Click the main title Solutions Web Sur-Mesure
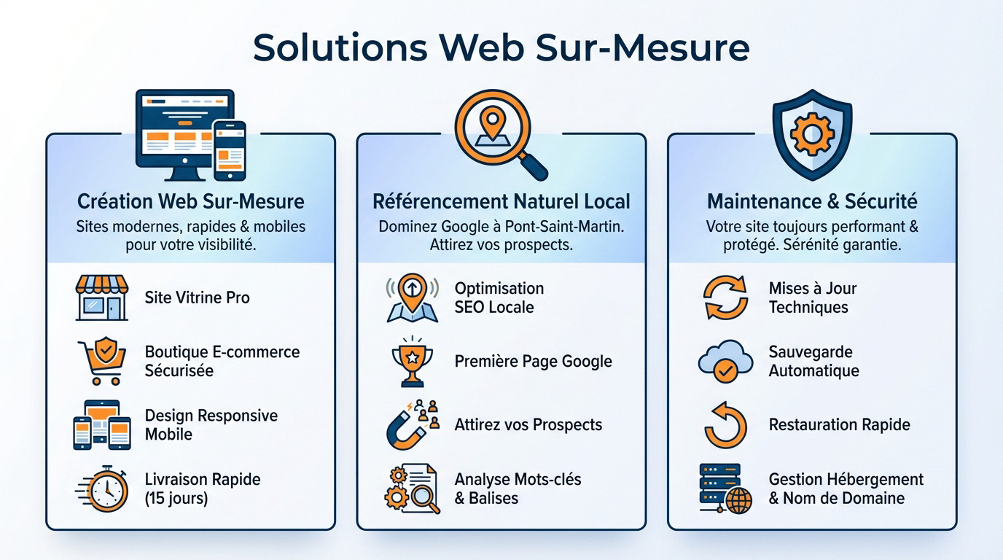pos(501,47)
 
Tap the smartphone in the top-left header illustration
pos(229,149)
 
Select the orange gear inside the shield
pos(811,133)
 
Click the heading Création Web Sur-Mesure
pos(190,201)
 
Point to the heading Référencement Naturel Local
pos(501,201)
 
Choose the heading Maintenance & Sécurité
pos(812,201)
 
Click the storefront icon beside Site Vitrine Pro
pos(102,297)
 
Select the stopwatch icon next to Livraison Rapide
pos(104,489)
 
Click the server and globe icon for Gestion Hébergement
pos(724,489)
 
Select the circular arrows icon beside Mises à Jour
pos(725,297)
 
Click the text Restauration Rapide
pos(839,425)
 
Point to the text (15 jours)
pos(176,499)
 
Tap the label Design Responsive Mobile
pos(211,425)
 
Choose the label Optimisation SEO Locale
pos(499,297)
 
